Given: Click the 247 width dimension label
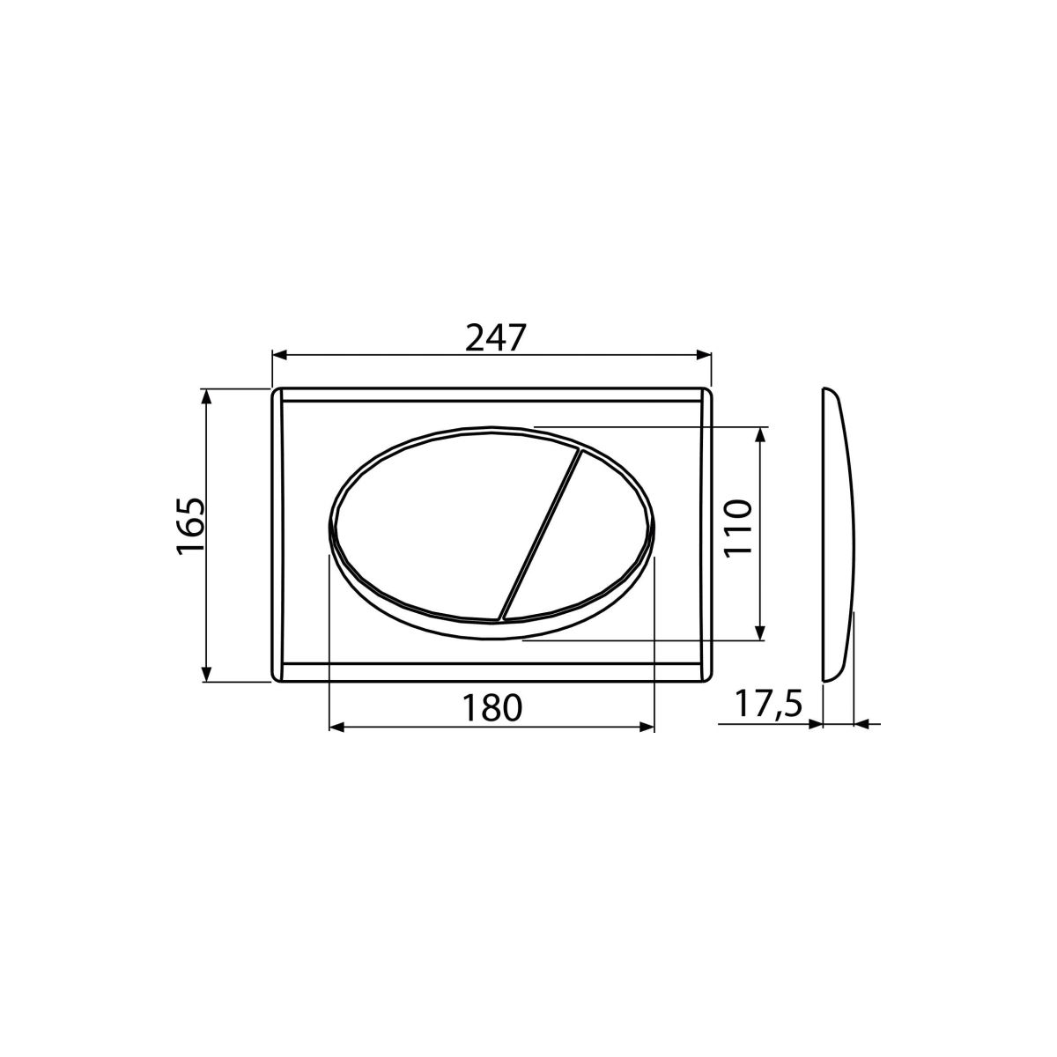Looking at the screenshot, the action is point(495,337).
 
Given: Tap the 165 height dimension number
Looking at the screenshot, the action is point(191,527).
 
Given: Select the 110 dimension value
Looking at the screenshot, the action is point(736,528).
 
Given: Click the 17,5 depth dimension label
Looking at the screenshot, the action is point(768,704).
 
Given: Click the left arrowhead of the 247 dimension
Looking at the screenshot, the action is point(280,355).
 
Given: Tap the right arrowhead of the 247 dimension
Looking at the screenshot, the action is point(704,355).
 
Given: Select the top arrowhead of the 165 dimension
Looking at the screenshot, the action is point(206,396).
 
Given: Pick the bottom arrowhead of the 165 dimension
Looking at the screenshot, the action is point(206,674).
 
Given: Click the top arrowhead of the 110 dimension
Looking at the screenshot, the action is point(759,434).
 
